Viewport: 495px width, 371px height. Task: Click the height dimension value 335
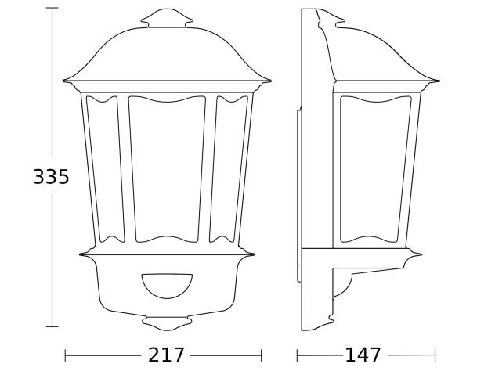point(51,178)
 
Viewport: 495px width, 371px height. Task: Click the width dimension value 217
point(167,355)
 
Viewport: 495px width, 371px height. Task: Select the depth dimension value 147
point(363,355)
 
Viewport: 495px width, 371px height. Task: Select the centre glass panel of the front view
point(167,168)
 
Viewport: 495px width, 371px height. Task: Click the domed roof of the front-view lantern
point(167,55)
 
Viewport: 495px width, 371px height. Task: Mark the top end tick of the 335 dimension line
point(52,9)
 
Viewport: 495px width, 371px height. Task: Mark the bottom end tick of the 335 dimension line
point(52,326)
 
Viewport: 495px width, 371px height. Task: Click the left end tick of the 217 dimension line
point(65,355)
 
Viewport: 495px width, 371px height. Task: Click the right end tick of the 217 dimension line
point(270,355)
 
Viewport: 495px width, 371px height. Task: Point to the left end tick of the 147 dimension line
point(298,355)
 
